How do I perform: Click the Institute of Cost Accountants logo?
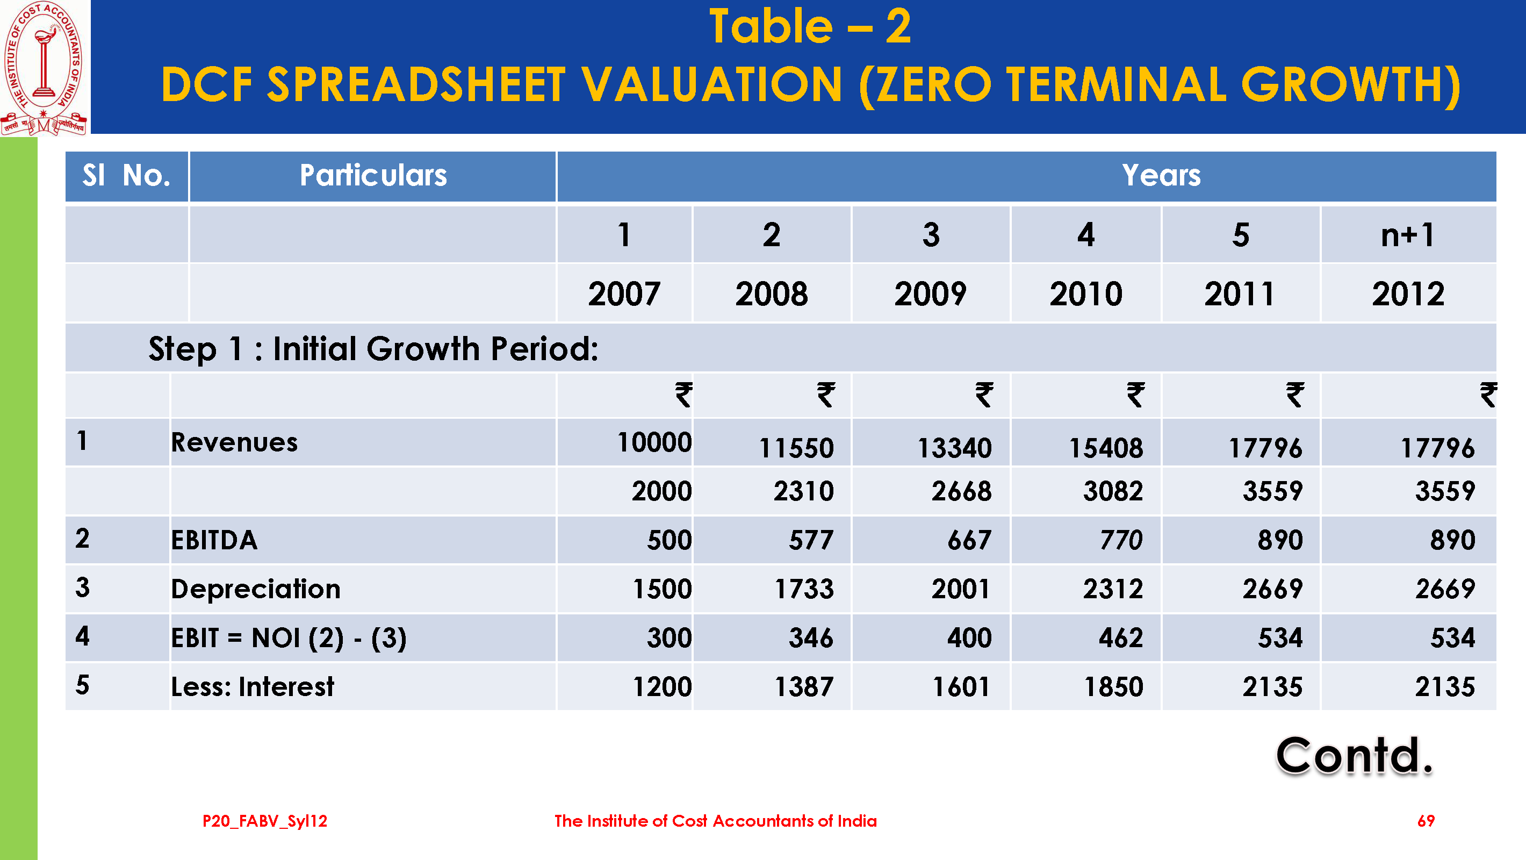click(x=44, y=68)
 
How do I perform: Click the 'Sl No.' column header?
click(x=126, y=176)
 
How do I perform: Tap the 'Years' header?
click(x=1161, y=176)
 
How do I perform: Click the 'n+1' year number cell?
click(x=1408, y=235)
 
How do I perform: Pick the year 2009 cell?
click(x=930, y=294)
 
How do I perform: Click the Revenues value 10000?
click(x=654, y=443)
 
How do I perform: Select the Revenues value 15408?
click(x=1105, y=448)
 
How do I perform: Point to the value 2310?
click(x=803, y=491)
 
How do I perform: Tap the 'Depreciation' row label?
click(x=255, y=589)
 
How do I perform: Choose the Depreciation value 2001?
click(x=960, y=589)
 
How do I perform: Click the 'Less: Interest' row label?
click(x=253, y=687)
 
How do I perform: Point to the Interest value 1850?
click(x=1113, y=687)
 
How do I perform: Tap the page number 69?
click(x=1426, y=821)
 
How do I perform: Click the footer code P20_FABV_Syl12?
click(x=265, y=821)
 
